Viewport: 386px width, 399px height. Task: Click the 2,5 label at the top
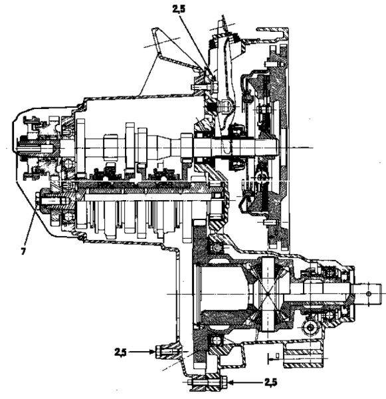coord(179,9)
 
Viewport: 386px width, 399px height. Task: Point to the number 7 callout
coord(23,251)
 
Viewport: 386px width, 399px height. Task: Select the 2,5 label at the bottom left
coord(120,352)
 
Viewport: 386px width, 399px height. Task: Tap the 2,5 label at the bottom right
coord(270,382)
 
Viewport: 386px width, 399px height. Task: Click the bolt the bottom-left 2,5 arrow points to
coord(167,352)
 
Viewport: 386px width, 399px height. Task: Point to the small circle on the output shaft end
coord(369,294)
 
